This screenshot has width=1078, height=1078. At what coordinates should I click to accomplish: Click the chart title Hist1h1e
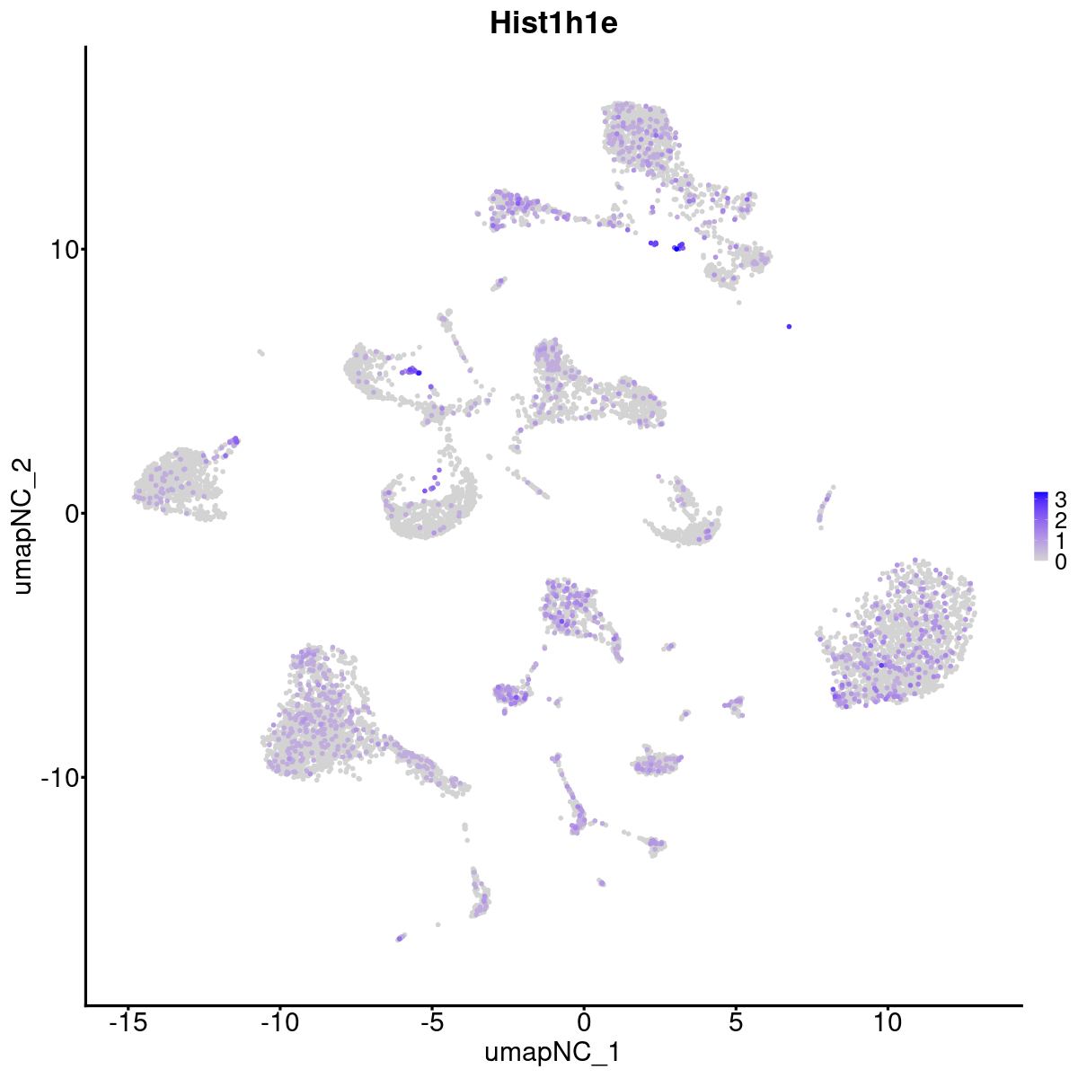553,23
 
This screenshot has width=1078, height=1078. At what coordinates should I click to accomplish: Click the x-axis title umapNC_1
552,1052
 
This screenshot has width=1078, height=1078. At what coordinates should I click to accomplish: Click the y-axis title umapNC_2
23,526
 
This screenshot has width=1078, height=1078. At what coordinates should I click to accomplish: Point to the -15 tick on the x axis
128,1022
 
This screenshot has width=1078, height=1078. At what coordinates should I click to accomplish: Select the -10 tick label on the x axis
279,1022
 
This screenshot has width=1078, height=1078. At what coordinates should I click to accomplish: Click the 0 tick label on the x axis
584,1022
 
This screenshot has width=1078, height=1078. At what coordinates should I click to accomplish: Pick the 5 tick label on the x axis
736,1022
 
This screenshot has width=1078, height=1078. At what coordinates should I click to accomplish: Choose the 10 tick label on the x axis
888,1022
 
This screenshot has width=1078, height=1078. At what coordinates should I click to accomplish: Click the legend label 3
1061,499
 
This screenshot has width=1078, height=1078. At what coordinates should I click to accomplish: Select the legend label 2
1061,520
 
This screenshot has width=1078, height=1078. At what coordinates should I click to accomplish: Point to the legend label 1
1061,541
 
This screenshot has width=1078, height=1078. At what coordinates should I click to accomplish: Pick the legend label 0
1061,561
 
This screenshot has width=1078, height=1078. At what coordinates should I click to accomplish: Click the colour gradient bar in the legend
1041,526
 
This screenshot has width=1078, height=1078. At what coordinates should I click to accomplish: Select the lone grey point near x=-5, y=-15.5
437,924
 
